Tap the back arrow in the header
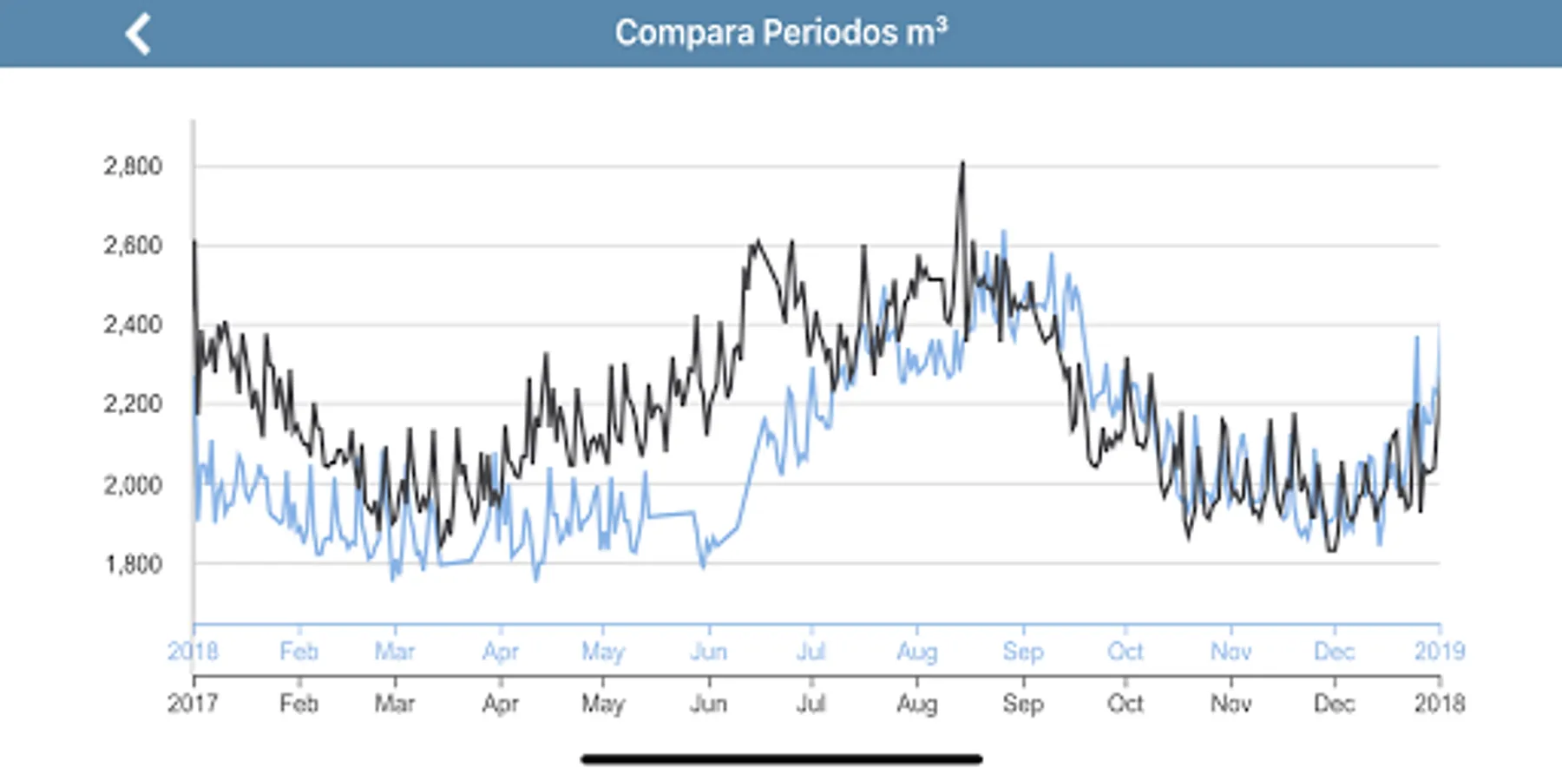[139, 34]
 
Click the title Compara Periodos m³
[781, 33]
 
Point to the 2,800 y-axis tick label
[133, 166]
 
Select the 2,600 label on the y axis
[133, 246]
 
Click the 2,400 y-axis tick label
[133, 325]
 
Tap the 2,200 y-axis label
[133, 404]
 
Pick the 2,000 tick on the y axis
[133, 484]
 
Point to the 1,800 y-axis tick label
[133, 564]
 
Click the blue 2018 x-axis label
[193, 652]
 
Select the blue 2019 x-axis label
[1440, 652]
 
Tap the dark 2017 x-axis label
[193, 703]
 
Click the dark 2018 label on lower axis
[1440, 703]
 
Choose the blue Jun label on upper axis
[708, 652]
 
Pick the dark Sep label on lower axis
[1023, 703]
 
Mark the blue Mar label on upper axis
[394, 652]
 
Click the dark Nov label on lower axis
[1231, 703]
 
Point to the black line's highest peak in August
[961, 163]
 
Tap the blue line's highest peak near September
[1004, 232]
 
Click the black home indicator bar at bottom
[781, 759]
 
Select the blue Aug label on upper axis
[916, 652]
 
